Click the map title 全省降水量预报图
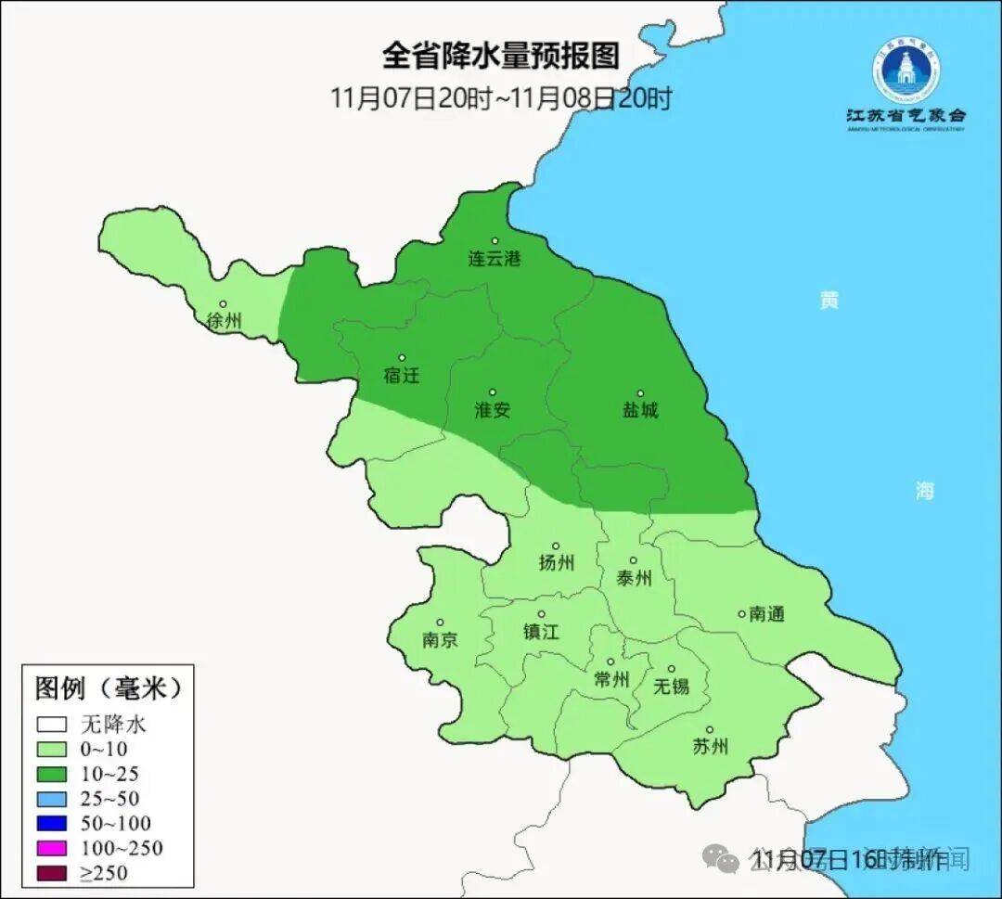point(500,56)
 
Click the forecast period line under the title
point(500,98)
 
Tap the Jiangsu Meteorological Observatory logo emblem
point(905,71)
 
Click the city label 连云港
point(494,259)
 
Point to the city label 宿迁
point(401,376)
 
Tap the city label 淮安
point(492,410)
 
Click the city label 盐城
point(639,410)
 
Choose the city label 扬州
point(556,562)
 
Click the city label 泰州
point(634,578)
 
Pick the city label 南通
point(766,613)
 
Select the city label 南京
point(439,640)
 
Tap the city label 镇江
point(541,631)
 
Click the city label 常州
point(611,680)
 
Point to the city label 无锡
point(671,686)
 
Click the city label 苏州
point(710,747)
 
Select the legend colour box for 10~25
point(52,774)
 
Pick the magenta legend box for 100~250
point(52,848)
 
